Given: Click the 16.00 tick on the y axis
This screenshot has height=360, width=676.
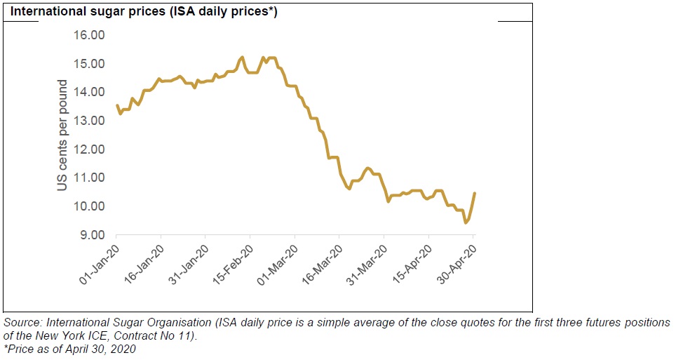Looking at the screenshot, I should (90, 35).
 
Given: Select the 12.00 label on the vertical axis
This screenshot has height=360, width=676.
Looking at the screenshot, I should (90, 149).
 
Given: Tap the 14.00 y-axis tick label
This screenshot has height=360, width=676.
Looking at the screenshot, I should (90, 92).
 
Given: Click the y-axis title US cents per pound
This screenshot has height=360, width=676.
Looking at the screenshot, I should (62, 135).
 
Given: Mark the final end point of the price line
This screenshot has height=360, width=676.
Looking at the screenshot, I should (475, 193).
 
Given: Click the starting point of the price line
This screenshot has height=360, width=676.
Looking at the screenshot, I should (116, 105).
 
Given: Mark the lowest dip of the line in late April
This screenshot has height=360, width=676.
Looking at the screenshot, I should (466, 222).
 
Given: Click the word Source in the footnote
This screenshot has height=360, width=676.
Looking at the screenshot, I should (21, 323).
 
